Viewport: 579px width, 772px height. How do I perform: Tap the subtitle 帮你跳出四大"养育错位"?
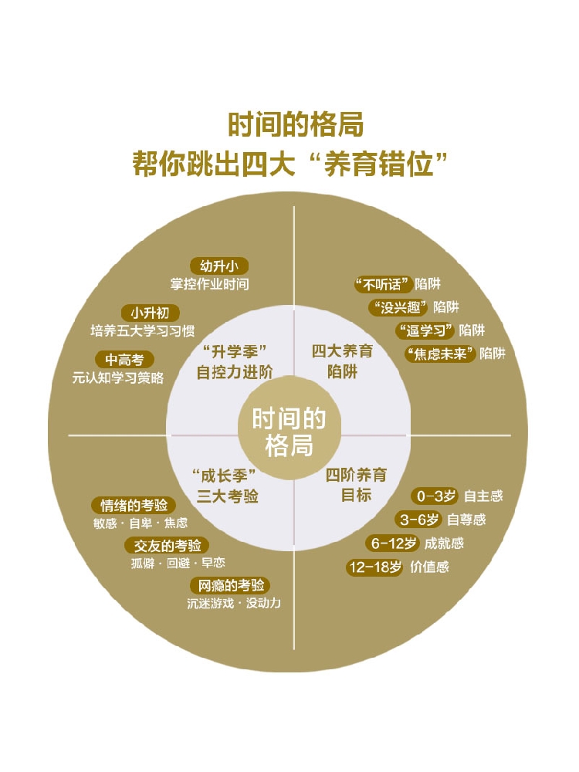pos(289,164)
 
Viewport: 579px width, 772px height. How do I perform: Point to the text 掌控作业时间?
pos(210,284)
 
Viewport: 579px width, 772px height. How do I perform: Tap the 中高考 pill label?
pos(124,360)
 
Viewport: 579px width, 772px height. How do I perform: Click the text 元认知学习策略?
pos(117,378)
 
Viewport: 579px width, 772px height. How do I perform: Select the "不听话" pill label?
pos(381,284)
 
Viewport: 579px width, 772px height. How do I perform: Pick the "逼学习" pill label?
pos(424,330)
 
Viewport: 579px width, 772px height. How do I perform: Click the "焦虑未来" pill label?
pos(440,354)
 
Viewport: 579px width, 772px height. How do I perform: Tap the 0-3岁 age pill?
pos(435,496)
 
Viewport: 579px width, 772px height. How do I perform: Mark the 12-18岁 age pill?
pos(374,567)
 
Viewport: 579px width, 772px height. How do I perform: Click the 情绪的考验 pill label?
pos(133,506)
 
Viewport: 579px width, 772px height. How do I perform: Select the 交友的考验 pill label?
pos(166,546)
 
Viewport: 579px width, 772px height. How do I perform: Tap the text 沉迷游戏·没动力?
pos(234,603)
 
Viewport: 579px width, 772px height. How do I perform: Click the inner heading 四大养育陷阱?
pos(342,361)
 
